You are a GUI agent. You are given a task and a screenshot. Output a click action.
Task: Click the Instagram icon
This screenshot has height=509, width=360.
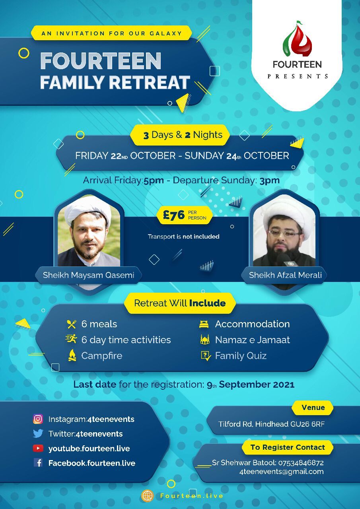pyautogui.click(x=38, y=419)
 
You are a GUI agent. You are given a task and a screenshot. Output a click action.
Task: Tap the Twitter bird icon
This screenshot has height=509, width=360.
pyautogui.click(x=38, y=433)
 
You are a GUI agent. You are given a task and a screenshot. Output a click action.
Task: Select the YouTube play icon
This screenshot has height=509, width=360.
pyautogui.click(x=38, y=448)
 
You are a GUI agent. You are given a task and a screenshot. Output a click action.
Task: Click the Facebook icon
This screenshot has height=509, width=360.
pyautogui.click(x=38, y=462)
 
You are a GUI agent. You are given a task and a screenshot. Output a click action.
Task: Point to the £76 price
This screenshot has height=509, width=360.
pyautogui.click(x=174, y=215)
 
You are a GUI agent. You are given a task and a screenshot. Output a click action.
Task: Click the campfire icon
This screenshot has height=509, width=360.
pyautogui.click(x=72, y=355)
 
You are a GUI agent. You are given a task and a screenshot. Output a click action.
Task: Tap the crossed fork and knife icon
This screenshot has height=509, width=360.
pyautogui.click(x=72, y=324)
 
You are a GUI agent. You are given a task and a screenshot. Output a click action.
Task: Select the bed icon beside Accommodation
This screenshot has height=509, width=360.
pyautogui.click(x=204, y=324)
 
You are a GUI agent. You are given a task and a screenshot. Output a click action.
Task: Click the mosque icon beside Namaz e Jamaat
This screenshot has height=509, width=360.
pyautogui.click(x=205, y=340)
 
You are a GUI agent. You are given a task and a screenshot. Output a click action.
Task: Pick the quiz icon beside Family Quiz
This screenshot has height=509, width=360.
pyautogui.click(x=206, y=356)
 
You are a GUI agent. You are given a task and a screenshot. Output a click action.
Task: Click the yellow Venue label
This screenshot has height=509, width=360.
pyautogui.click(x=313, y=408)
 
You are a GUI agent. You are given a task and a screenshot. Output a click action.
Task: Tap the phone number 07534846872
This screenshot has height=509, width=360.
pyautogui.click(x=301, y=462)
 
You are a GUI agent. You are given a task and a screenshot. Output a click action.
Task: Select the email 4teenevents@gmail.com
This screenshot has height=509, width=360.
pyautogui.click(x=281, y=472)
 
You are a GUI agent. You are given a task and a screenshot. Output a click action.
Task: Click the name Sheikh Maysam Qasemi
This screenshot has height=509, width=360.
pyautogui.click(x=88, y=275)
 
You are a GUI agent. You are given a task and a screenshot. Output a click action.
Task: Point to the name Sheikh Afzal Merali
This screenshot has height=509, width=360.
pyautogui.click(x=285, y=275)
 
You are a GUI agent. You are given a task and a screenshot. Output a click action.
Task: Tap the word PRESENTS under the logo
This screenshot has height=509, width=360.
pyautogui.click(x=298, y=76)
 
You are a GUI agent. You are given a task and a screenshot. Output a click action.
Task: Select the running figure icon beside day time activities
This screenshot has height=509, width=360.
pyautogui.click(x=71, y=339)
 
